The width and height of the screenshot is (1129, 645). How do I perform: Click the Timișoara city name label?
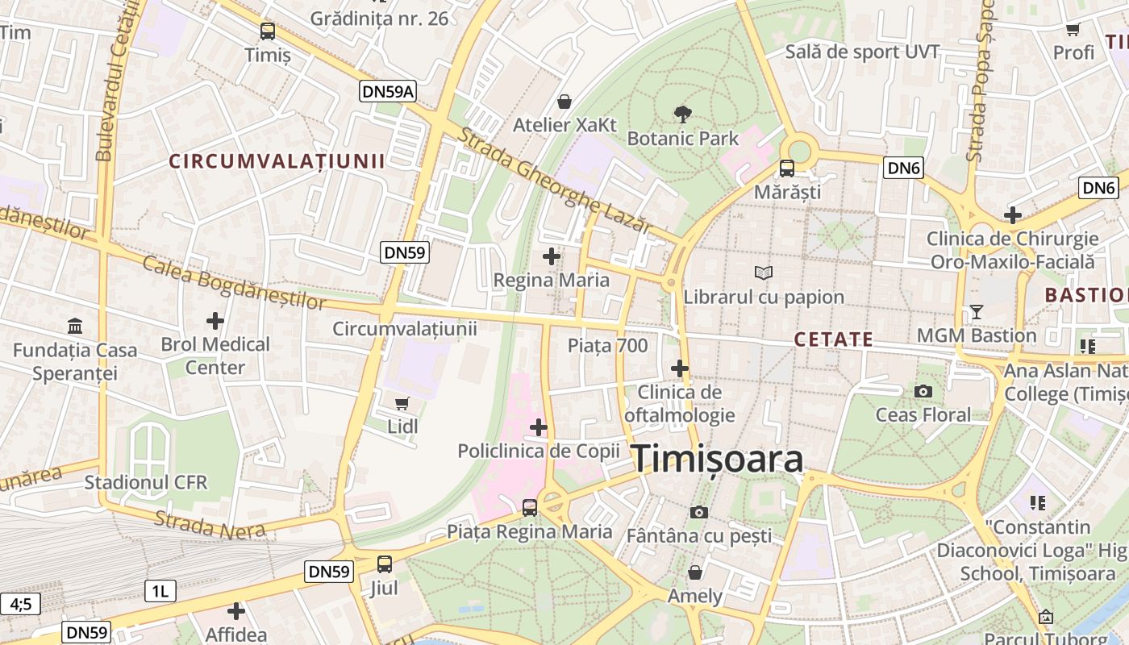point(717,459)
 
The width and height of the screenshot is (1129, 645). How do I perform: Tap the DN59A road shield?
point(388,92)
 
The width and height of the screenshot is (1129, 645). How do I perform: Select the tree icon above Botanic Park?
point(683,114)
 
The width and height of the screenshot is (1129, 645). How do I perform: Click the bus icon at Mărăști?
point(786,169)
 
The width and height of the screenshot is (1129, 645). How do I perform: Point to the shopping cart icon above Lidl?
point(402,402)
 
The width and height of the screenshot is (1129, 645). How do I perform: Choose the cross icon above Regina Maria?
point(552,257)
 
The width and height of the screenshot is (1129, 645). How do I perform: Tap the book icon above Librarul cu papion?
point(763,273)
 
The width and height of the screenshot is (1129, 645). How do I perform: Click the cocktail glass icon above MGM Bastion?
point(977,311)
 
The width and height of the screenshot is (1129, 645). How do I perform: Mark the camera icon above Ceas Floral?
point(923,392)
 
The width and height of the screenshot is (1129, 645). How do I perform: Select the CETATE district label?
point(834,339)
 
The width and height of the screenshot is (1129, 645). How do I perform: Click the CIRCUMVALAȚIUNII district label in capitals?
point(277,161)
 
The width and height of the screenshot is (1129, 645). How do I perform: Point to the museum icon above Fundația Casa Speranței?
point(75,327)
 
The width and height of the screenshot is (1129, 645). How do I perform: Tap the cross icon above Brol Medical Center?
point(215,321)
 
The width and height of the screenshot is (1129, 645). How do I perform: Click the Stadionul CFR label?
point(146,483)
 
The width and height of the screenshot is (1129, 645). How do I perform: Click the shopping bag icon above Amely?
point(695,572)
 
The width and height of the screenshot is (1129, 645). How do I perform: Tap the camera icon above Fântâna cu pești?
point(699,512)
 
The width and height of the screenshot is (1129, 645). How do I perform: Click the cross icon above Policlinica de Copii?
point(539,427)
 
